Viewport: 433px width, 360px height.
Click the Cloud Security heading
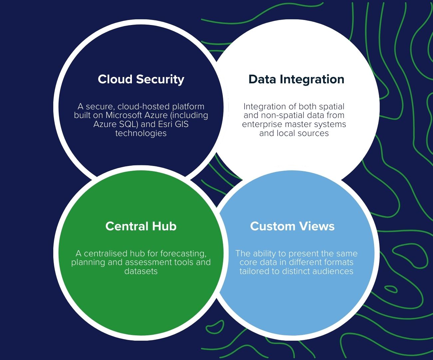click(x=141, y=79)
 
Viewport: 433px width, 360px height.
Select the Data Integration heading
click(x=296, y=79)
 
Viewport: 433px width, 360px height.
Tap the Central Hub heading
click(x=141, y=226)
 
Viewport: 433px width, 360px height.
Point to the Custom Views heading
click(x=292, y=226)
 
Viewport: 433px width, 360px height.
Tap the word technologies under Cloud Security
click(x=141, y=133)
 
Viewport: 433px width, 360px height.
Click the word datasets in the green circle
click(x=141, y=271)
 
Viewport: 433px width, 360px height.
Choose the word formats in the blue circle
click(x=337, y=262)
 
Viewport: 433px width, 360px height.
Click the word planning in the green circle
click(x=88, y=262)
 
